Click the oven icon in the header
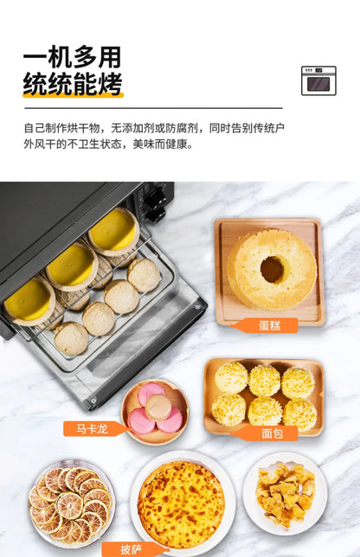tap(318, 80)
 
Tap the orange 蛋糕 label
tap(265, 325)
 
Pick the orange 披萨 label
tap(132, 549)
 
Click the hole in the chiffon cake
tap(273, 269)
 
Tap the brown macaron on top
tap(158, 407)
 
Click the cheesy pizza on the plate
tap(181, 504)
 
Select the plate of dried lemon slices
tap(71, 504)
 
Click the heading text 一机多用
tap(73, 57)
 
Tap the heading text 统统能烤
tap(73, 84)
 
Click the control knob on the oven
tap(155, 196)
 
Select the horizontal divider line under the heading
tap(153, 107)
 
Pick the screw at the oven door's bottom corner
tap(93, 401)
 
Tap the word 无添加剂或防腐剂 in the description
tap(154, 128)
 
